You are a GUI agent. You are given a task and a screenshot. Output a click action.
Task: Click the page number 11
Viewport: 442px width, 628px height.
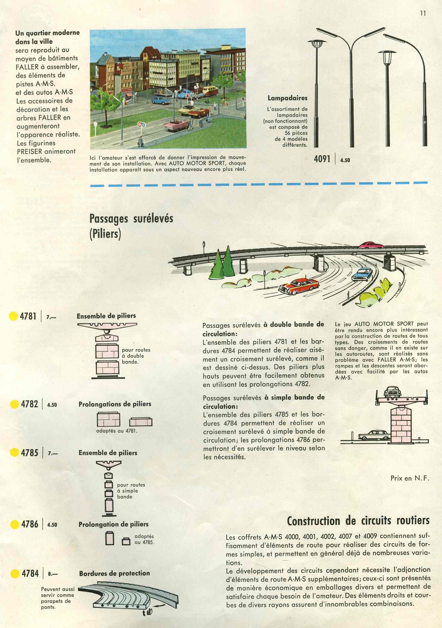tap(423, 13)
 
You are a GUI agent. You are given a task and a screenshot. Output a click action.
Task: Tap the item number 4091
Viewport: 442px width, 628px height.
tap(322, 159)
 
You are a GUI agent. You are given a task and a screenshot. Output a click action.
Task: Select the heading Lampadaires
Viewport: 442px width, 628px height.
tap(287, 98)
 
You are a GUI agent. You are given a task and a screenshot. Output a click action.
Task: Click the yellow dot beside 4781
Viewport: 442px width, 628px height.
tap(13, 316)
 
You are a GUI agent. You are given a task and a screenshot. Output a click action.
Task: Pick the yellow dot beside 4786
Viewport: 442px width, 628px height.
tap(14, 524)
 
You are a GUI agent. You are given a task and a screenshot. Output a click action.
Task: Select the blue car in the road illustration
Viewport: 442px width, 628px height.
tap(362, 274)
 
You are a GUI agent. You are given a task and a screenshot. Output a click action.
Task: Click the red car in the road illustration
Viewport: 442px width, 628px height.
tap(298, 286)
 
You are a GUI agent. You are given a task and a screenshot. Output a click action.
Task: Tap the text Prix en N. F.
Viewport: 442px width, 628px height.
tap(410, 478)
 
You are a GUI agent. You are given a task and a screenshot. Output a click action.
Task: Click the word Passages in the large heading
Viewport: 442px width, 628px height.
tap(108, 219)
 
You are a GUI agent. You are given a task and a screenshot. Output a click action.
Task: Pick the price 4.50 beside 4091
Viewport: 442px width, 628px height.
tap(345, 160)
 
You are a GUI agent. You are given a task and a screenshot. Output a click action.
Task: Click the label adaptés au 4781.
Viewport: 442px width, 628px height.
tap(117, 431)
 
